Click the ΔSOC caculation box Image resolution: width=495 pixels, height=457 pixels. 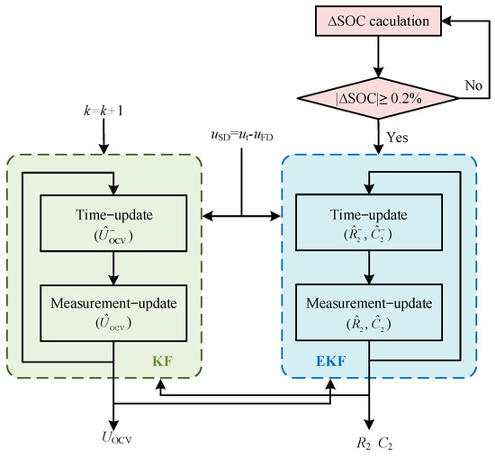379,21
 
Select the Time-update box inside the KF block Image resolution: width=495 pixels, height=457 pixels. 112,226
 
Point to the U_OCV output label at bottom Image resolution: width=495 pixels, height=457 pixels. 112,441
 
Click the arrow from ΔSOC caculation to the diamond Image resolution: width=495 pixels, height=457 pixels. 378,56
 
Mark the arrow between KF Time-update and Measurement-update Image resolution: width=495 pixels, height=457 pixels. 112,267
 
